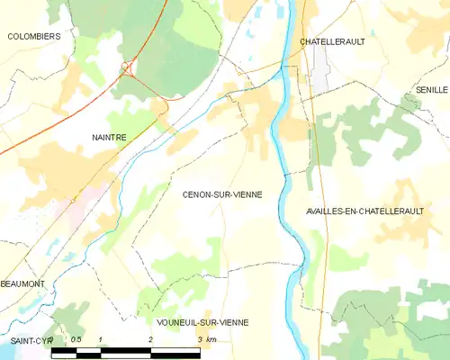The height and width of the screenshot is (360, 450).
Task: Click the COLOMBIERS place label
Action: coord(33,36)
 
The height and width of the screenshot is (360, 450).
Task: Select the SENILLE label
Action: coord(432,91)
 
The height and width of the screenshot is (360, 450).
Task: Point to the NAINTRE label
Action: coord(109,137)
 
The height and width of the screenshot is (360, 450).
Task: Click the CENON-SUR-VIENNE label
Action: coord(222,193)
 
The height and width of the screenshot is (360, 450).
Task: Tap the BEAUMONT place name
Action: coord(22,283)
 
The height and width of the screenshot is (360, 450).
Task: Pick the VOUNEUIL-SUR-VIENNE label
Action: coord(202,322)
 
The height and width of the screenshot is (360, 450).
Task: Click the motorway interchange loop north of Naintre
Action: coord(127,67)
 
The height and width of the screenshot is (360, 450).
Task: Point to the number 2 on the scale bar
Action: coord(150,339)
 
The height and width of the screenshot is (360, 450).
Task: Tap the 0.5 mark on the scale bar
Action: coord(76,339)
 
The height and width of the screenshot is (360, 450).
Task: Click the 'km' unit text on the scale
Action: coord(212,339)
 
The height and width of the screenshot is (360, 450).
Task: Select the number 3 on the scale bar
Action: coord(200,339)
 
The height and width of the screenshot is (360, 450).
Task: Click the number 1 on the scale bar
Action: coord(101,339)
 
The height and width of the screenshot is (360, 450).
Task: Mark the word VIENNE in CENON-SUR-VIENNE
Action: coord(246,193)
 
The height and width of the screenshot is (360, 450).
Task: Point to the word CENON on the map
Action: coord(195,193)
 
